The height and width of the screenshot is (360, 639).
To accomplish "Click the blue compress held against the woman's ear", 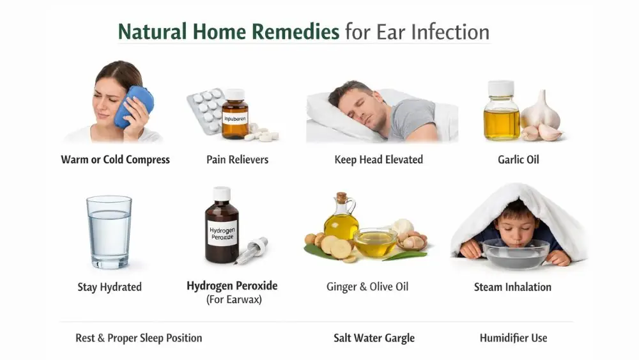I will point(134,107).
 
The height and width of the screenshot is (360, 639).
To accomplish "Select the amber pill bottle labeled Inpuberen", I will point(235,115).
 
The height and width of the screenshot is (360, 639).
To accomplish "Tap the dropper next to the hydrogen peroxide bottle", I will point(252,250).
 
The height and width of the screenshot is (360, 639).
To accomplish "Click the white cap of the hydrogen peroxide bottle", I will point(222,193).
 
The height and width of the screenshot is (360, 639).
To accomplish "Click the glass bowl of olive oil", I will point(375,242).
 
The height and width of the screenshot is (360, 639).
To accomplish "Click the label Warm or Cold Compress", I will point(116,159).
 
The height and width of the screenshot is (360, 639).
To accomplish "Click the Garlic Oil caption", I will point(518,159).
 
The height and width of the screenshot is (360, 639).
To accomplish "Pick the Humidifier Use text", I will point(513,338).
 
